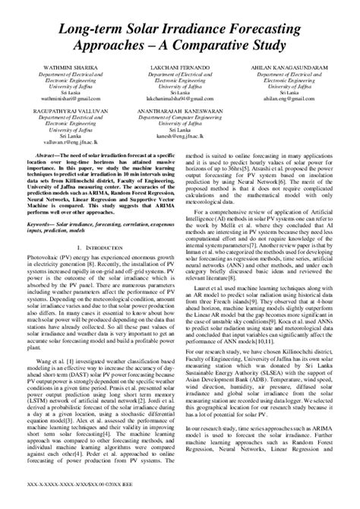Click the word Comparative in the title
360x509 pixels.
coord(218,47)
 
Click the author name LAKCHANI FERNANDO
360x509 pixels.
coord(181,68)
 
